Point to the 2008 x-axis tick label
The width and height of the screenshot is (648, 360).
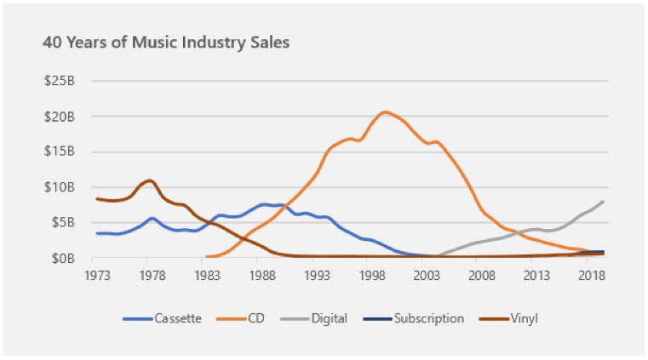482,276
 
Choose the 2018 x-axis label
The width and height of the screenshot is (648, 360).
593,276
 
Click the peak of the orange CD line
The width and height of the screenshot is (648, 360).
386,112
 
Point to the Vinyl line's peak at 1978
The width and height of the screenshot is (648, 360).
150,180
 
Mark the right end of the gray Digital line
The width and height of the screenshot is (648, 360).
604,202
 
